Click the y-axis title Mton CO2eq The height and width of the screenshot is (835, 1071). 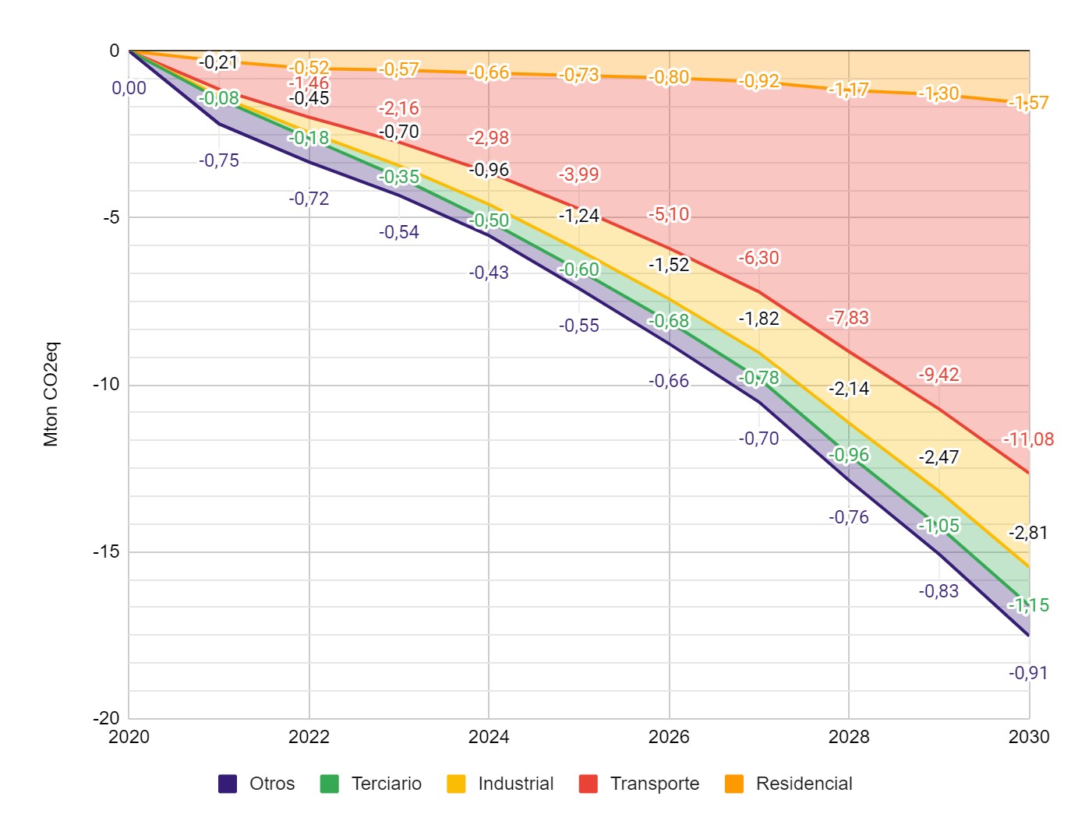pos(51,394)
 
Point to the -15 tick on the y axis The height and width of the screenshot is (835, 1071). pos(107,551)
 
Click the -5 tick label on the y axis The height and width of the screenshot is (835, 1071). pos(111,217)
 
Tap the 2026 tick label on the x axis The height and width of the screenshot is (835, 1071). pos(669,737)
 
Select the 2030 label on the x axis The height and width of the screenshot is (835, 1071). pos(1029,737)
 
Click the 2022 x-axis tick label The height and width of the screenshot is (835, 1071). pos(309,737)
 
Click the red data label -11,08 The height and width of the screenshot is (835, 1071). pos(1028,439)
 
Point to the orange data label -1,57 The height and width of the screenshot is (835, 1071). pos(1028,103)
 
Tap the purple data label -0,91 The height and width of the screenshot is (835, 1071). pos(1028,673)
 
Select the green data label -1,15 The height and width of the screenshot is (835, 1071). pos(1028,605)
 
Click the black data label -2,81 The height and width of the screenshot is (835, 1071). pos(1028,533)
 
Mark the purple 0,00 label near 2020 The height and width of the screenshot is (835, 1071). pos(129,88)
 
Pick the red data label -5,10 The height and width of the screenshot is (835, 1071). pos(669,214)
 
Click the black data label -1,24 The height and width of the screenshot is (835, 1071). pos(579,216)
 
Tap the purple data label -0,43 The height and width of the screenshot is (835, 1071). pos(489,273)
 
